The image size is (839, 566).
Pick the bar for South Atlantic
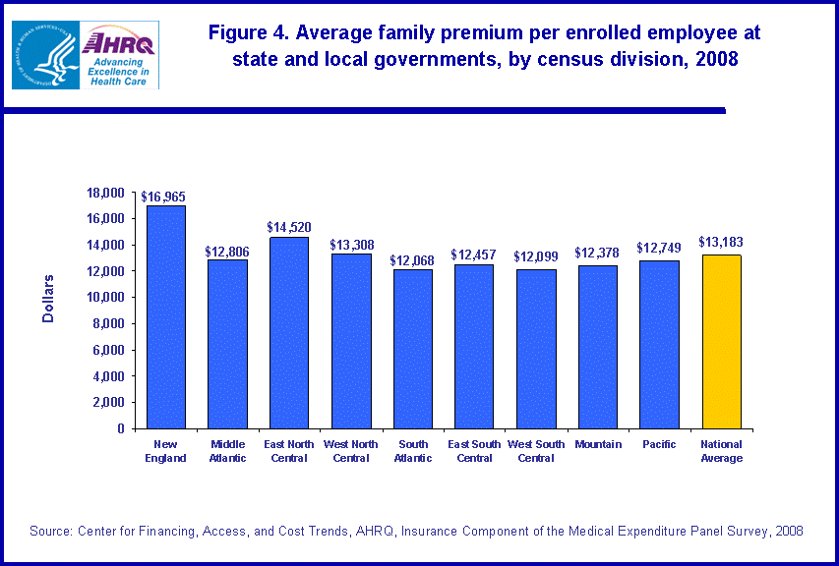point(413,348)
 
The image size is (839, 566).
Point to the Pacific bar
point(659,344)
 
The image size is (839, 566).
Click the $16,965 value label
point(166,197)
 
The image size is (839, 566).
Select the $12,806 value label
point(227,252)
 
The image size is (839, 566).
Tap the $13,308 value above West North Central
point(351,245)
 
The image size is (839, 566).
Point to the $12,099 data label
point(536,256)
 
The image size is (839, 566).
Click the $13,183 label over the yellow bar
point(721,242)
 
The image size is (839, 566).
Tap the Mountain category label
point(598,445)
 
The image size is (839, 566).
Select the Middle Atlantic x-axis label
point(227,451)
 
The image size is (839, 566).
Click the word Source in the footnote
point(53,531)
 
